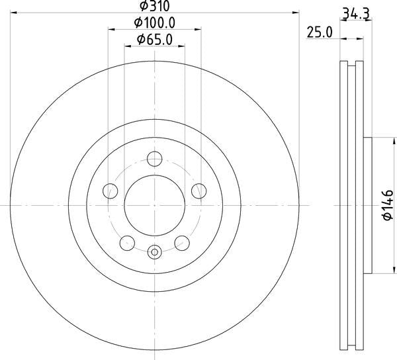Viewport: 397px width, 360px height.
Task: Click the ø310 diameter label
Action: click(x=155, y=7)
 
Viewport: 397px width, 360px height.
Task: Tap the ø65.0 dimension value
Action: click(x=155, y=40)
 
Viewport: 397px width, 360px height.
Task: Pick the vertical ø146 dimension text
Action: click(x=388, y=205)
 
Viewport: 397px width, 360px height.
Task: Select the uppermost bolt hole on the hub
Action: click(x=155, y=159)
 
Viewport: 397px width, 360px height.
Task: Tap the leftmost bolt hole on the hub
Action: click(x=110, y=191)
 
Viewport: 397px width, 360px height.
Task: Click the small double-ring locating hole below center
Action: click(x=155, y=251)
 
